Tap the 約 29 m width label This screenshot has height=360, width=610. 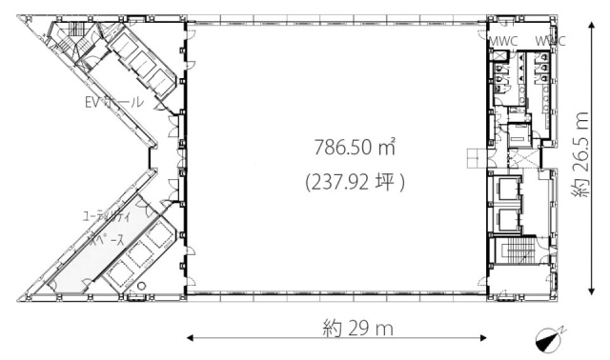357,330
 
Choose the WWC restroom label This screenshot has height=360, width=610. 550,42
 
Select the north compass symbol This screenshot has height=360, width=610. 550,335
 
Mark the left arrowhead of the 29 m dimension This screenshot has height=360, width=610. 189,335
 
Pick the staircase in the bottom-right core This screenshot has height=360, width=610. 518,254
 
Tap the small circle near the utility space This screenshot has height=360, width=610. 142,285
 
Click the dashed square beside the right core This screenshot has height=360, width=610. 474,158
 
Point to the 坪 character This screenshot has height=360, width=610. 387,180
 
